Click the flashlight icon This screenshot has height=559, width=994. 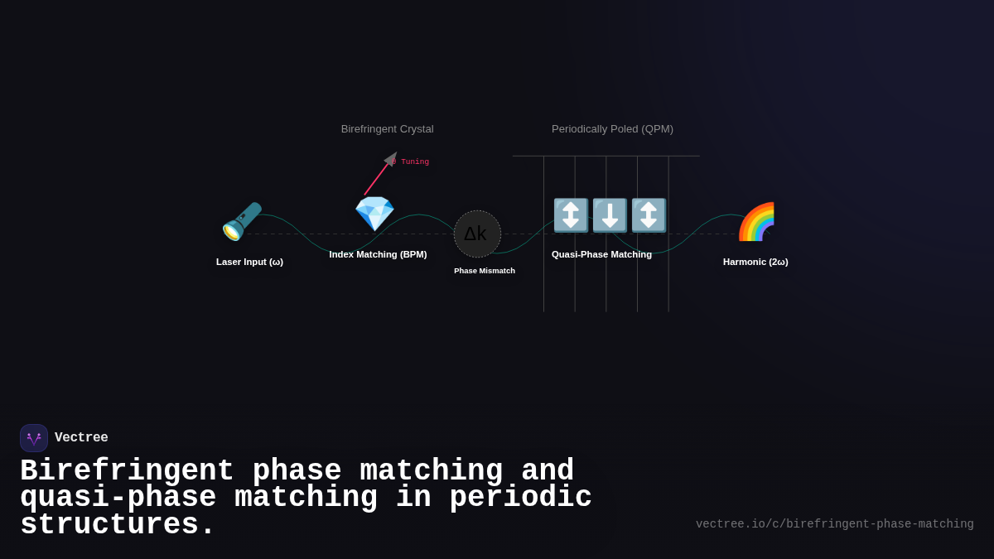tap(241, 221)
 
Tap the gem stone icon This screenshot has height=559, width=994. tap(374, 214)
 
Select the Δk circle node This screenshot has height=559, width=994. tap(477, 234)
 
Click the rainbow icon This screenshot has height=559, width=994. tap(755, 222)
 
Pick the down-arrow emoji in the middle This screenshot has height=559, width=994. tap(610, 215)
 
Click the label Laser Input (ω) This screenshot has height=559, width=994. tap(249, 262)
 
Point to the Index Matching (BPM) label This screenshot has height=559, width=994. tap(378, 254)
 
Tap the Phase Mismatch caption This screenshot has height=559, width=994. tap(485, 271)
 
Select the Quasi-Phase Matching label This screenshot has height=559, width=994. tap(601, 254)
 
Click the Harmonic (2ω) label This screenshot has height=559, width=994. tap(755, 262)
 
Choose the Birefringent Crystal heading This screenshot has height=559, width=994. tap(387, 129)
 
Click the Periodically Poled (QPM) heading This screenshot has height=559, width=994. tap(612, 129)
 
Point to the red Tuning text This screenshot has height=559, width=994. tap(414, 162)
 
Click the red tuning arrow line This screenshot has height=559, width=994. tap(377, 177)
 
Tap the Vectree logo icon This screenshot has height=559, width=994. tap(34, 438)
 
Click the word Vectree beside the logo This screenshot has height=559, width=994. tap(81, 438)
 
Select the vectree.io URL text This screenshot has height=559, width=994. tap(834, 524)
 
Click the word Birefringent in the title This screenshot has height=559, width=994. tap(127, 470)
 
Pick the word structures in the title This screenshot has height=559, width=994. tap(117, 525)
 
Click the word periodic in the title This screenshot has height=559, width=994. tap(521, 498)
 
